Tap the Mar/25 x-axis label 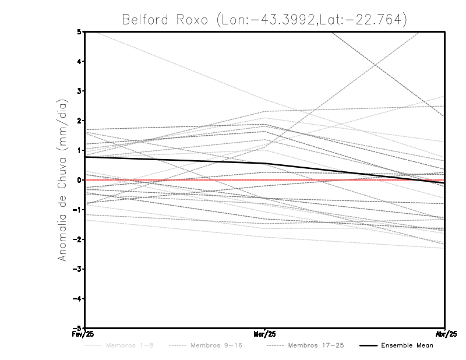[265, 334]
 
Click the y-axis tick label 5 [79, 31]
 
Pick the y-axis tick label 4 [79, 61]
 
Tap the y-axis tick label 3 [79, 91]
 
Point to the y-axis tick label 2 [79, 121]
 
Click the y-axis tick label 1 [79, 150]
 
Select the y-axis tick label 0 [79, 180]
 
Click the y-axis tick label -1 [77, 210]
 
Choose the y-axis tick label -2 [77, 239]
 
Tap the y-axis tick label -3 [77, 269]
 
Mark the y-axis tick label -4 [77, 298]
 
